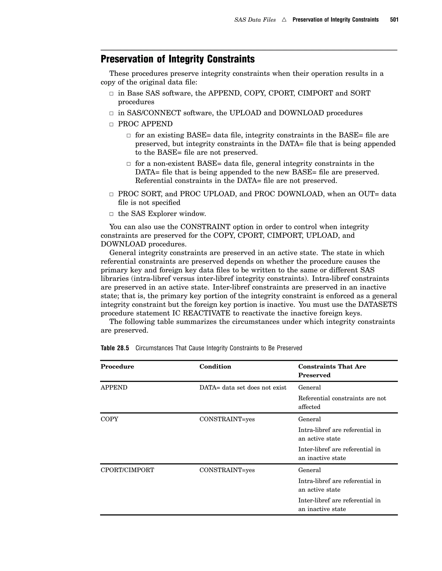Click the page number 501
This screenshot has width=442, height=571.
point(394,20)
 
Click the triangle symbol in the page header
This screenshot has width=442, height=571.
point(284,20)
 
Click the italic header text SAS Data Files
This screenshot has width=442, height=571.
point(255,20)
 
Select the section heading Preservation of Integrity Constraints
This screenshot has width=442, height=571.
point(178,59)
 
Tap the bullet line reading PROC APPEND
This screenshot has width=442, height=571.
point(145,124)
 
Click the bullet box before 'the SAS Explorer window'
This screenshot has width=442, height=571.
point(111,214)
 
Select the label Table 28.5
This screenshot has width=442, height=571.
point(115,348)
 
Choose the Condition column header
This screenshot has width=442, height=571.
point(215,367)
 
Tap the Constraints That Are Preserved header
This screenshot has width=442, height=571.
point(332,371)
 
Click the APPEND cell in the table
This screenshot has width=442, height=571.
point(114,387)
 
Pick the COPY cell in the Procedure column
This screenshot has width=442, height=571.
point(109,419)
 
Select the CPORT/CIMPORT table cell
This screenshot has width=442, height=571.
point(127,470)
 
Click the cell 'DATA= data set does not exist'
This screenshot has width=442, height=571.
point(243,387)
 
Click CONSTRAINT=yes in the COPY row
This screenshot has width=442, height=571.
point(227,419)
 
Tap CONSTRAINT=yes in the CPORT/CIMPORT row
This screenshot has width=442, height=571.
point(227,470)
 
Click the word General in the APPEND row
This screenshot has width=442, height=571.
point(309,387)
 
